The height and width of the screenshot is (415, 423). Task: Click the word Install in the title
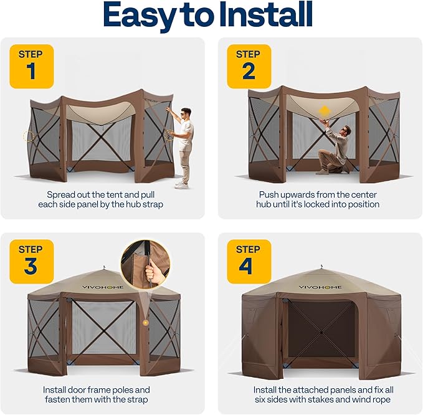265,15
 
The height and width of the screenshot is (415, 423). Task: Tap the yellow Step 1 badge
32,67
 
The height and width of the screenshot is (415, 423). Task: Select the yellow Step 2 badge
249,67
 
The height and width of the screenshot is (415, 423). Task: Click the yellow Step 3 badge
32,262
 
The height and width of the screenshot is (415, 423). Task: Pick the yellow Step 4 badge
249,262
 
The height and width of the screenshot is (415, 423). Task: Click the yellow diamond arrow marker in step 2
324,111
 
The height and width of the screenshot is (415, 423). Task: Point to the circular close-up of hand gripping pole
145,265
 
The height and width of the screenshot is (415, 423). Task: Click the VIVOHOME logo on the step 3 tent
103,287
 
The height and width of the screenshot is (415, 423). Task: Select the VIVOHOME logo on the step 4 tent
320,287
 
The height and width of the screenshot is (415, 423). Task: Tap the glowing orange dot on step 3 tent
145,322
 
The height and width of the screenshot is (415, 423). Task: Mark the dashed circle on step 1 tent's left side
28,136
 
